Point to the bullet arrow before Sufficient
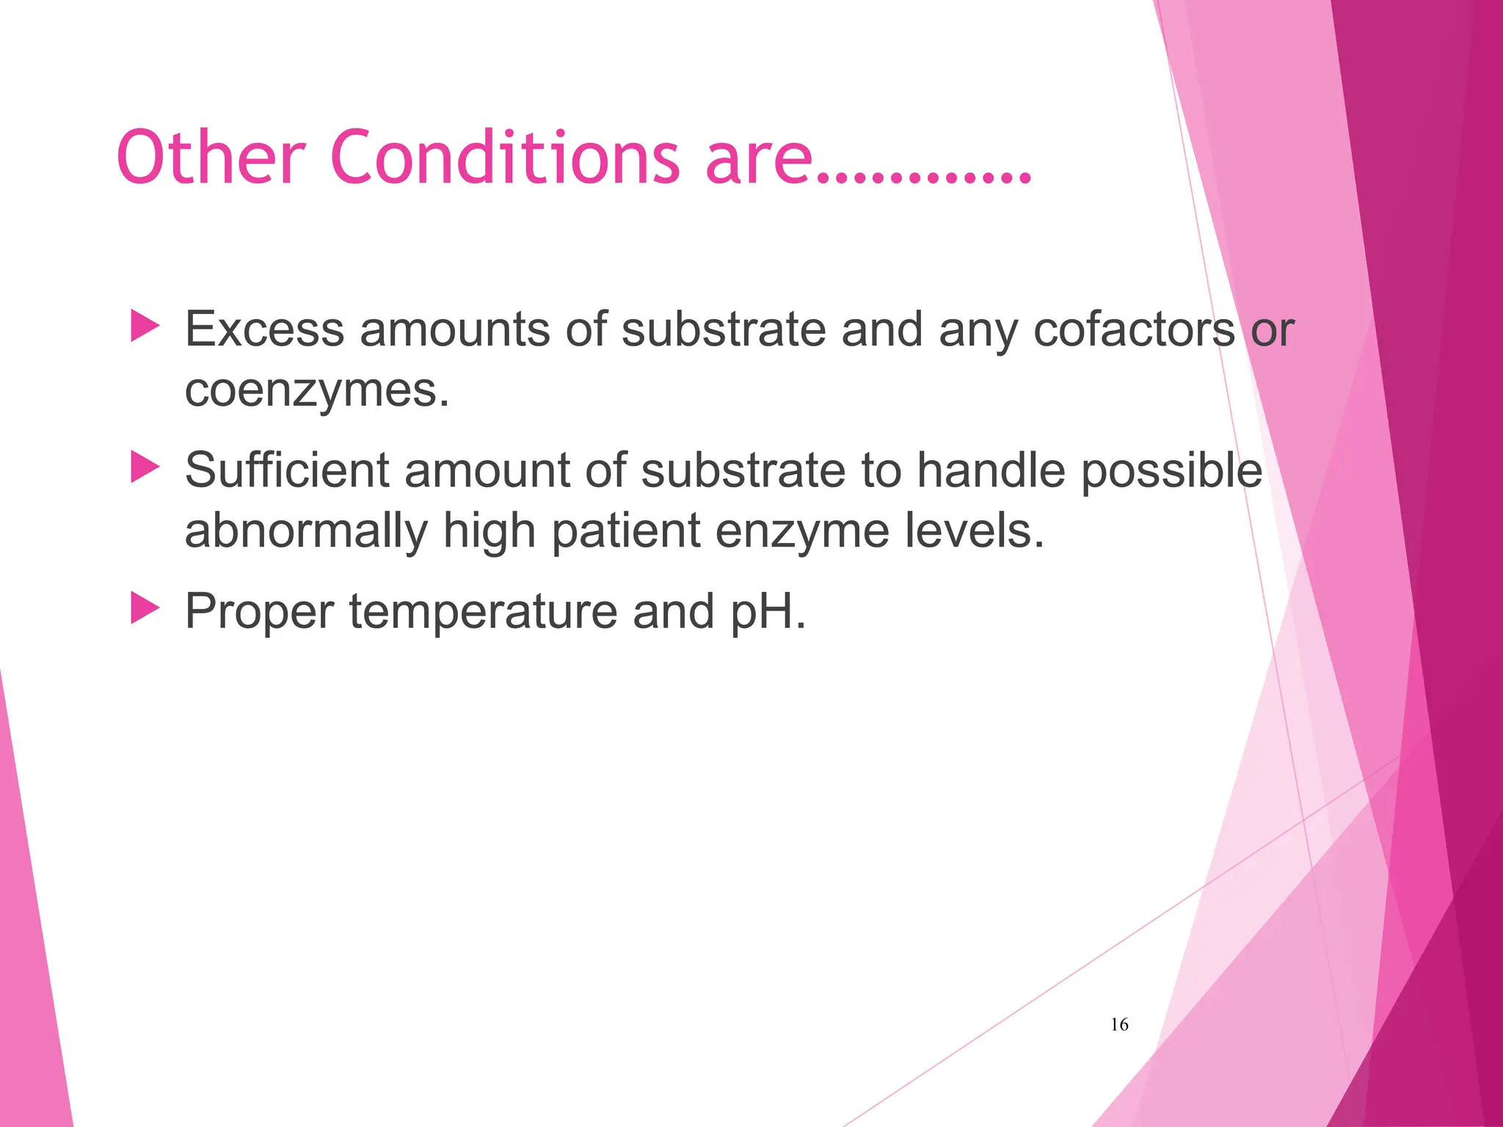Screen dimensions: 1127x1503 point(145,467)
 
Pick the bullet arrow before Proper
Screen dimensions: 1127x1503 point(145,608)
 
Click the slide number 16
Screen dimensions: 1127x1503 point(1119,1024)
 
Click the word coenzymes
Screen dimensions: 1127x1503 point(316,390)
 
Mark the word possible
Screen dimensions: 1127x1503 point(1171,471)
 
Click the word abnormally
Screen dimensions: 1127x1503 point(306,531)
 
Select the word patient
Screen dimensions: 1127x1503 point(626,531)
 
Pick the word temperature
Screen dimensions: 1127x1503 point(483,611)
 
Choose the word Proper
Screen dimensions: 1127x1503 point(259,613)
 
